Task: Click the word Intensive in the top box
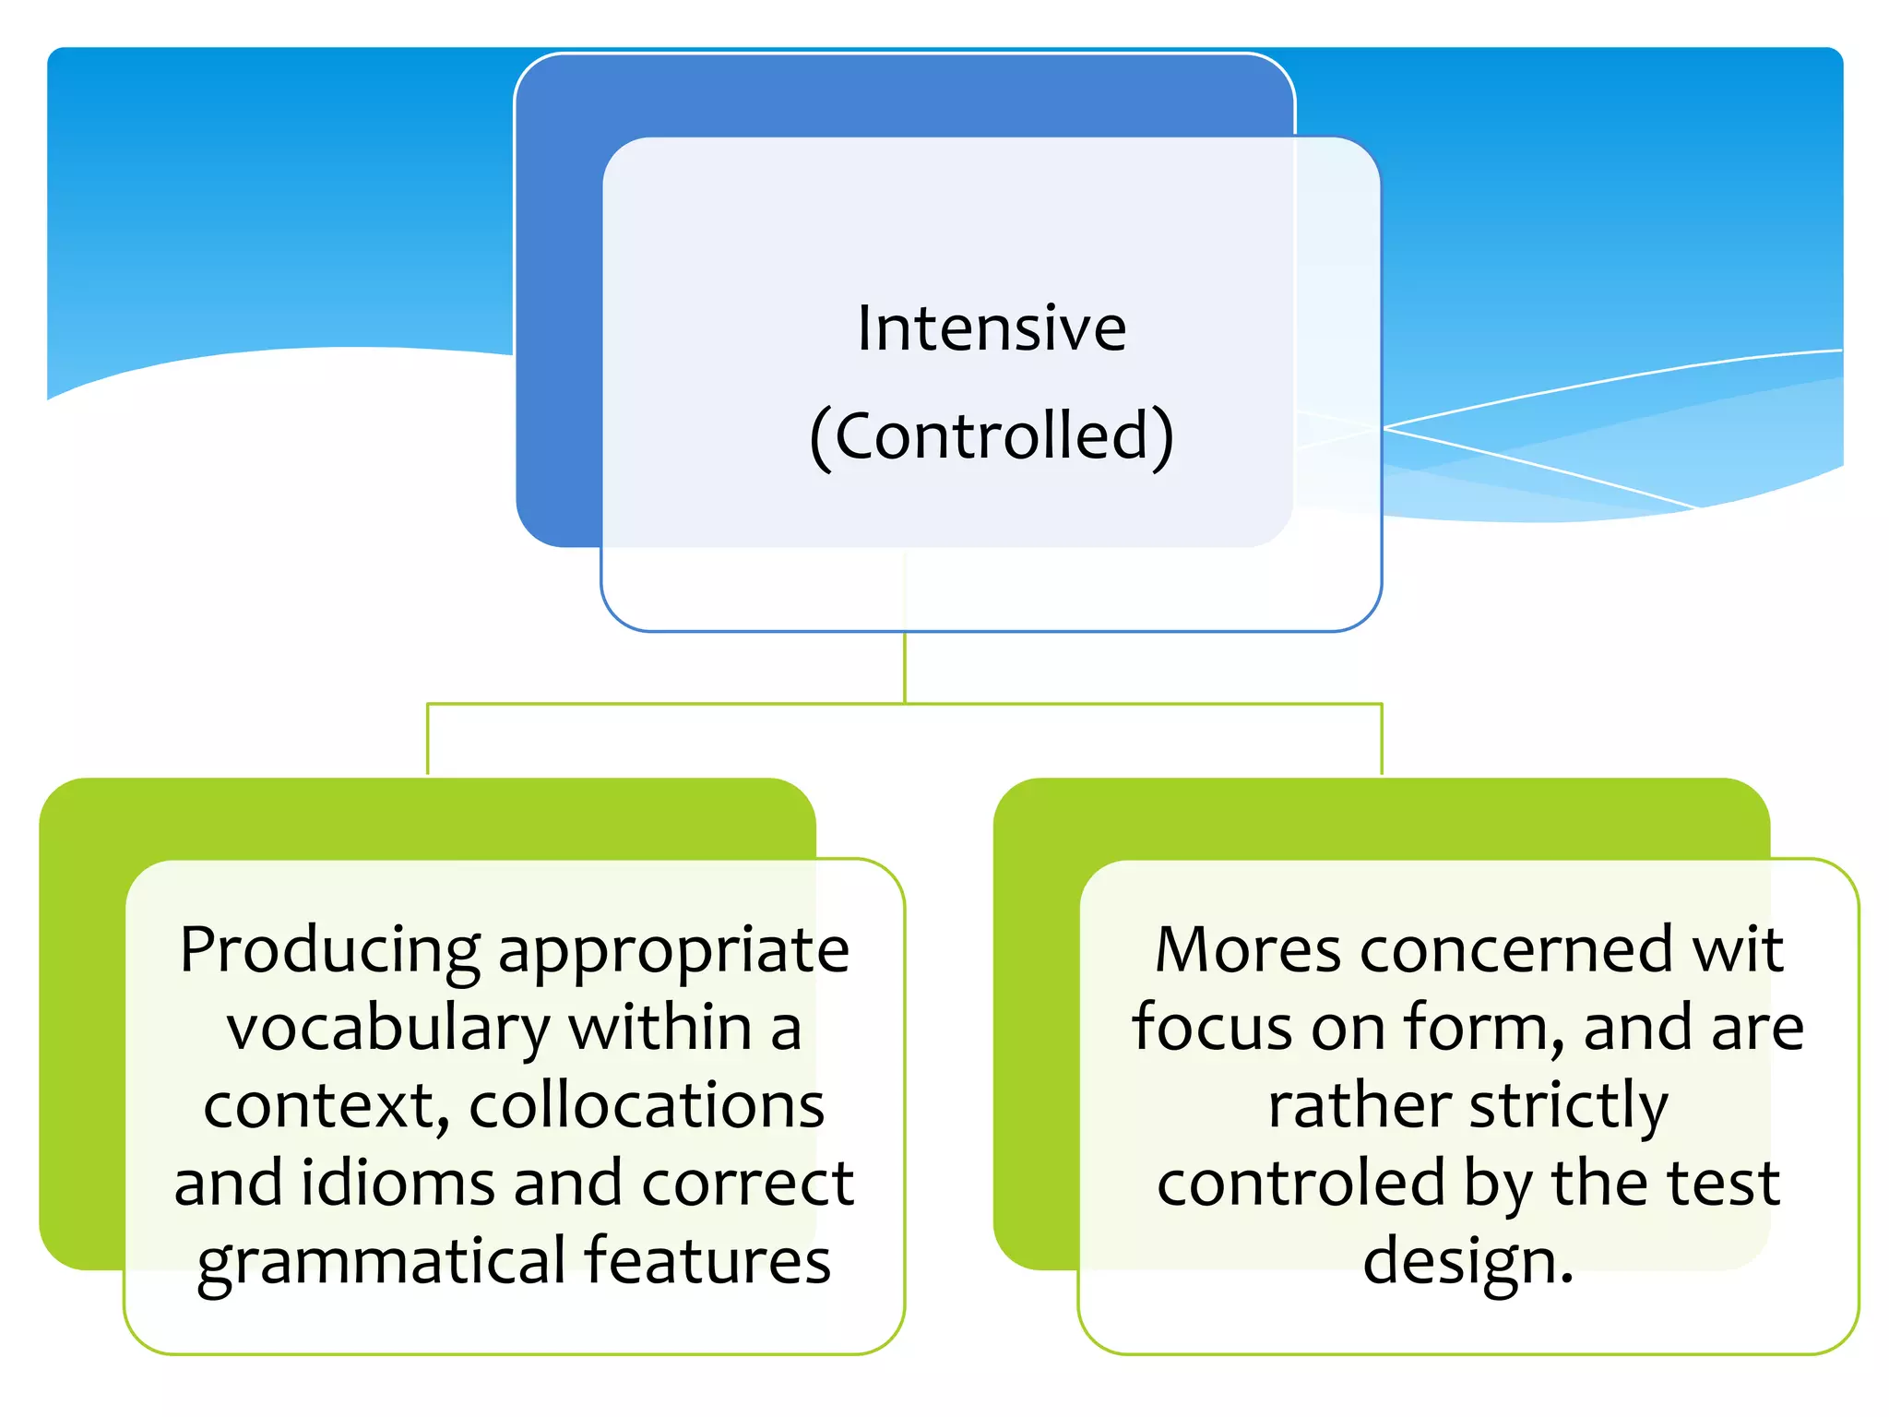[992, 328]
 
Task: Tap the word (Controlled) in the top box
[992, 435]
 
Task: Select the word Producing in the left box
[329, 950]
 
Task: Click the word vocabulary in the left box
[388, 1028]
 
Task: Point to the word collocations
[647, 1105]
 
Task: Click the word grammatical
[381, 1260]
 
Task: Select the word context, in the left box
[327, 1105]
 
